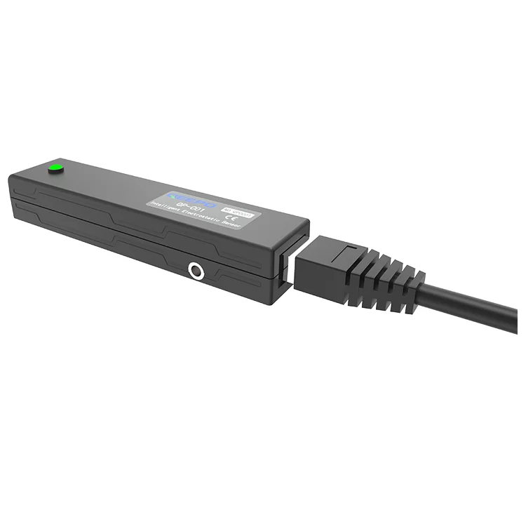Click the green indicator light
[x=54, y=168]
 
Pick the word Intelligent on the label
[x=163, y=206]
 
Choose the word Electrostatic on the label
[x=200, y=216]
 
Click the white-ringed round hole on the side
[x=195, y=269]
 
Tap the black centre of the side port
[x=195, y=269]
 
